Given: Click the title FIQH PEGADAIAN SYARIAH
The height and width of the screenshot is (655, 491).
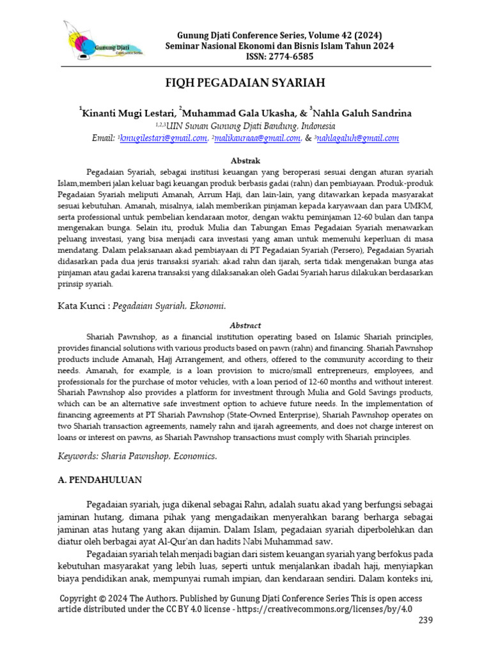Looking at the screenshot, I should click(245, 84).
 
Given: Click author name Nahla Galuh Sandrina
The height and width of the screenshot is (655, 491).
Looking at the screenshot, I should click(362, 113).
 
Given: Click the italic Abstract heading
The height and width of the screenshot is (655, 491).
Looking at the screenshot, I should click(245, 325).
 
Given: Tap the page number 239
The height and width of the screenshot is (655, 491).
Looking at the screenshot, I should click(426, 621).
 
